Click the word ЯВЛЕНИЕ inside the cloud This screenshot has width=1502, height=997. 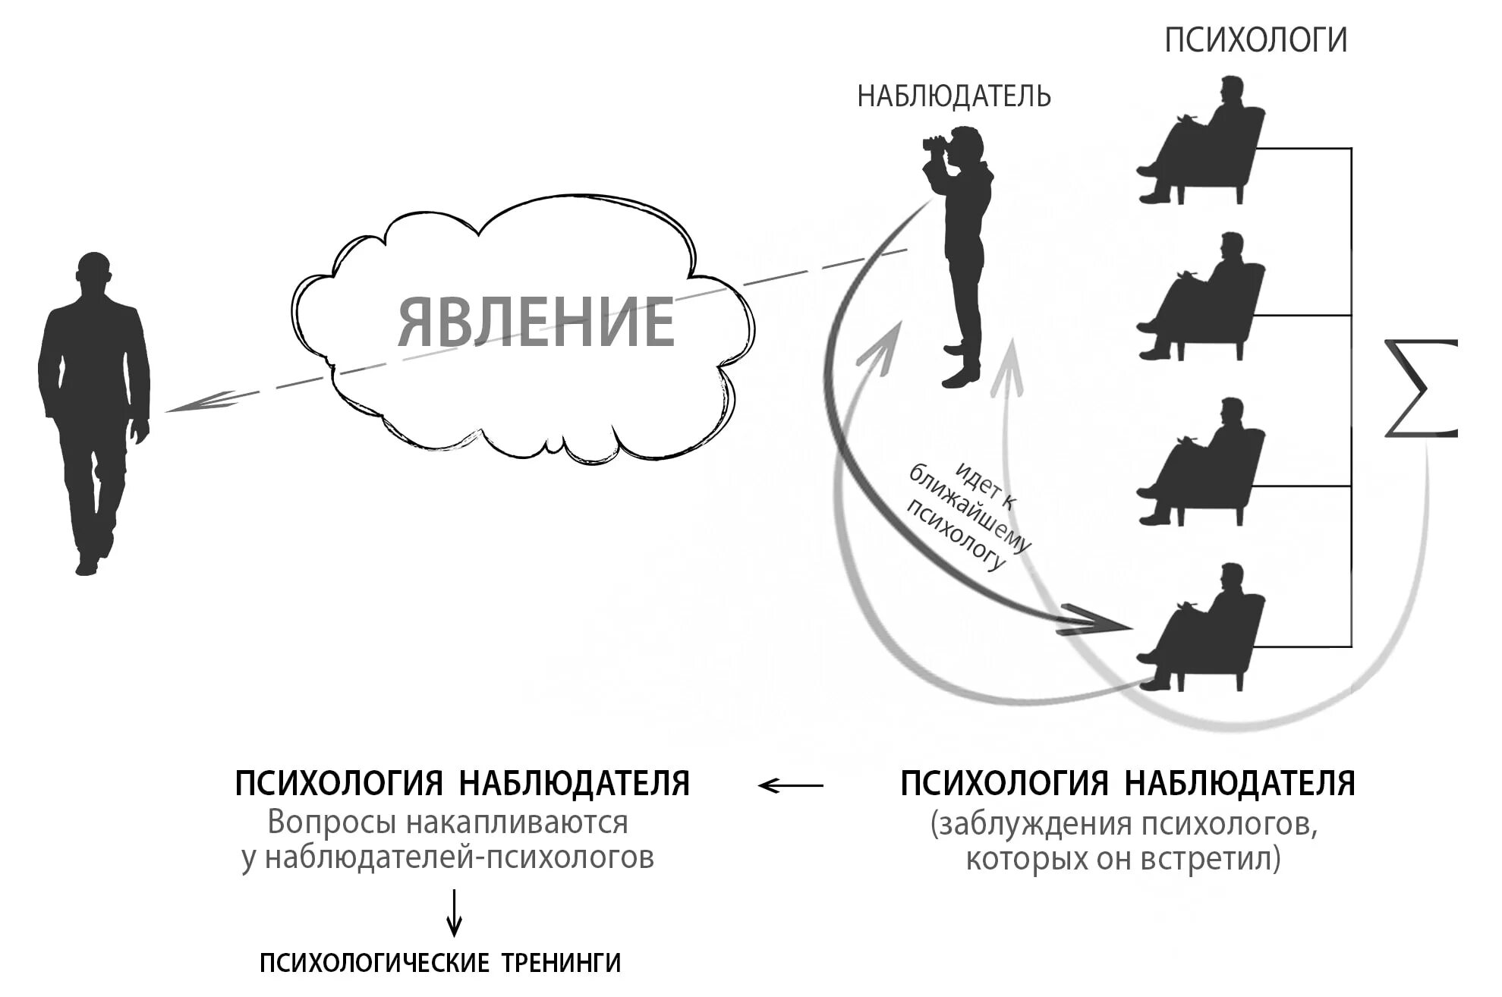point(536,322)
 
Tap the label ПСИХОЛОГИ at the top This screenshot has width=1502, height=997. point(1255,39)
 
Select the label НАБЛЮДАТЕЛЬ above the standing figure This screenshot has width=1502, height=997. point(953,97)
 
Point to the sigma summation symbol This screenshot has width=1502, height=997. point(1419,389)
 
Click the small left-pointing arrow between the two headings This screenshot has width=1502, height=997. point(790,785)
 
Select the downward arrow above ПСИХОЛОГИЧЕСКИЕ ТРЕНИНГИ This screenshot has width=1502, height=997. point(454,914)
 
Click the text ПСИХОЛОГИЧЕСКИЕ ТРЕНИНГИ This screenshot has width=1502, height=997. point(440,963)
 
